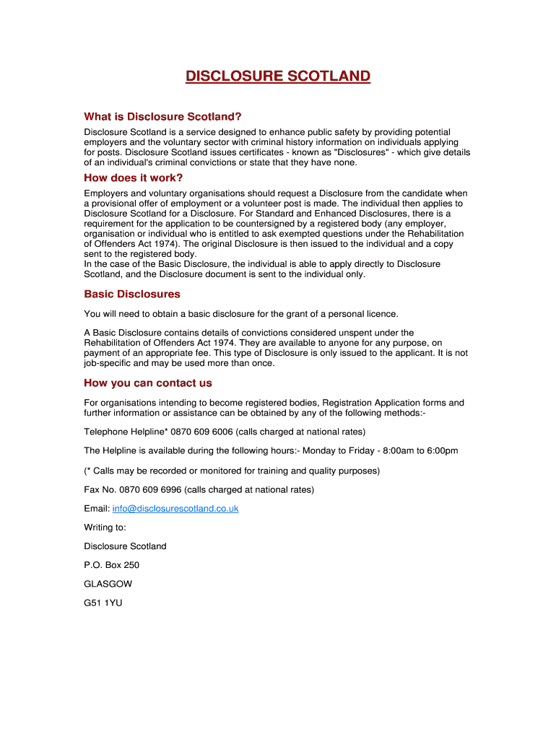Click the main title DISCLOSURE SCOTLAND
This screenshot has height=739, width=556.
pyautogui.click(x=278, y=76)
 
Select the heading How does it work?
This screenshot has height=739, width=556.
pyautogui.click(x=134, y=178)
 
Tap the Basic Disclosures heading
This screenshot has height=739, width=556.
pyautogui.click(x=132, y=294)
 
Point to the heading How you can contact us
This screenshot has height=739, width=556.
pyautogui.click(x=148, y=383)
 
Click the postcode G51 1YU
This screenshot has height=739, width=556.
pyautogui.click(x=103, y=603)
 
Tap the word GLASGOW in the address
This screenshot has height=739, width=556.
pyautogui.click(x=108, y=584)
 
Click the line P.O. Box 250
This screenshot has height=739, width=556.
pyautogui.click(x=112, y=565)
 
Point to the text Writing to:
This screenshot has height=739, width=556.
pyautogui.click(x=105, y=528)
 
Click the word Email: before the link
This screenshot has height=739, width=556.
pyautogui.click(x=97, y=509)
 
